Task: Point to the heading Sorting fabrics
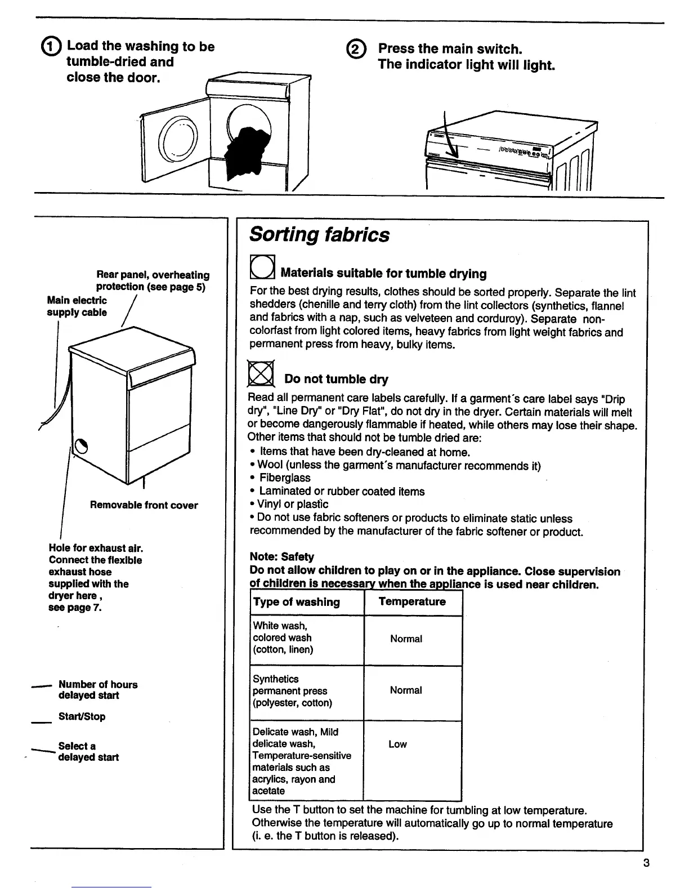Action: coord(319,234)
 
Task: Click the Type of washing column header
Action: coord(297,602)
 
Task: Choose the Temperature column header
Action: coord(412,601)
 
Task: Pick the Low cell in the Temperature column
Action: coord(397,744)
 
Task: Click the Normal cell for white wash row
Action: coord(406,639)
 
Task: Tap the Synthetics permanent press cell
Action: coord(292,691)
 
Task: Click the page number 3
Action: coord(646,863)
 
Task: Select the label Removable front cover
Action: coord(144,505)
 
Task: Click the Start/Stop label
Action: coord(82,716)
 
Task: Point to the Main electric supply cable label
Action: coord(77,306)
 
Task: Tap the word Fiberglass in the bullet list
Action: coord(284,478)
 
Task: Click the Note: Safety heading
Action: coord(281,556)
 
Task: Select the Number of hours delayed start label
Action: coord(97,690)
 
